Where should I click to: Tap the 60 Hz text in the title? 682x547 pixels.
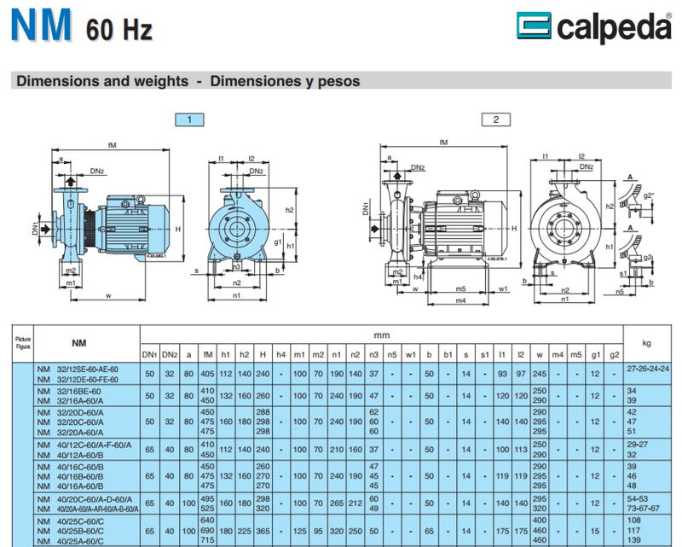click(x=118, y=31)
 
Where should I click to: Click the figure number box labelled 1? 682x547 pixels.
click(x=189, y=119)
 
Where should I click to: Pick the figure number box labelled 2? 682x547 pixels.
click(x=495, y=119)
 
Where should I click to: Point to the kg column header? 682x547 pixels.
click(x=646, y=343)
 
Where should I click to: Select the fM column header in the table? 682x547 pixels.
click(x=207, y=354)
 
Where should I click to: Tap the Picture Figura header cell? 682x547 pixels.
click(x=23, y=343)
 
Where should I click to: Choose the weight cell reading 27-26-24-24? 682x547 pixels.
click(x=647, y=369)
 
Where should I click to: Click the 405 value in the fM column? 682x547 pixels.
click(x=207, y=373)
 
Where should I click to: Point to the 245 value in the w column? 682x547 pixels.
click(x=539, y=373)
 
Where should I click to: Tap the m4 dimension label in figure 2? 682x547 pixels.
click(x=460, y=300)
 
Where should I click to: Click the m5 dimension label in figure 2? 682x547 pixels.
click(x=460, y=288)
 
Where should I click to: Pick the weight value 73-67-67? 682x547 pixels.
click(x=646, y=509)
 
